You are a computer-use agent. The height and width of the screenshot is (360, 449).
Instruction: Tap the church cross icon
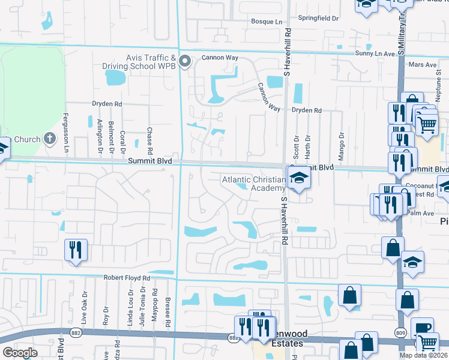click(50, 139)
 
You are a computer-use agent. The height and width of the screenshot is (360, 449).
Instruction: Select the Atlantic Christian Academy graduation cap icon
click(298, 178)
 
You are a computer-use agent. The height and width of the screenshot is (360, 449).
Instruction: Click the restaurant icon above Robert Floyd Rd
click(76, 249)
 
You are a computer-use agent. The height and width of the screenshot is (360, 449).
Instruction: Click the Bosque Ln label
click(267, 22)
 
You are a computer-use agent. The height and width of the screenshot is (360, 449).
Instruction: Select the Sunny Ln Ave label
click(375, 53)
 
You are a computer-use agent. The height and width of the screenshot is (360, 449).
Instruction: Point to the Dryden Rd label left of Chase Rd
click(107, 104)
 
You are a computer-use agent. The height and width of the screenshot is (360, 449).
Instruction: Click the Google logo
click(20, 353)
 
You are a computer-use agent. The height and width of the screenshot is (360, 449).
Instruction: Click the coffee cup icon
click(422, 328)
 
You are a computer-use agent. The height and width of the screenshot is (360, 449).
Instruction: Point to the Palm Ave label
click(420, 212)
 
